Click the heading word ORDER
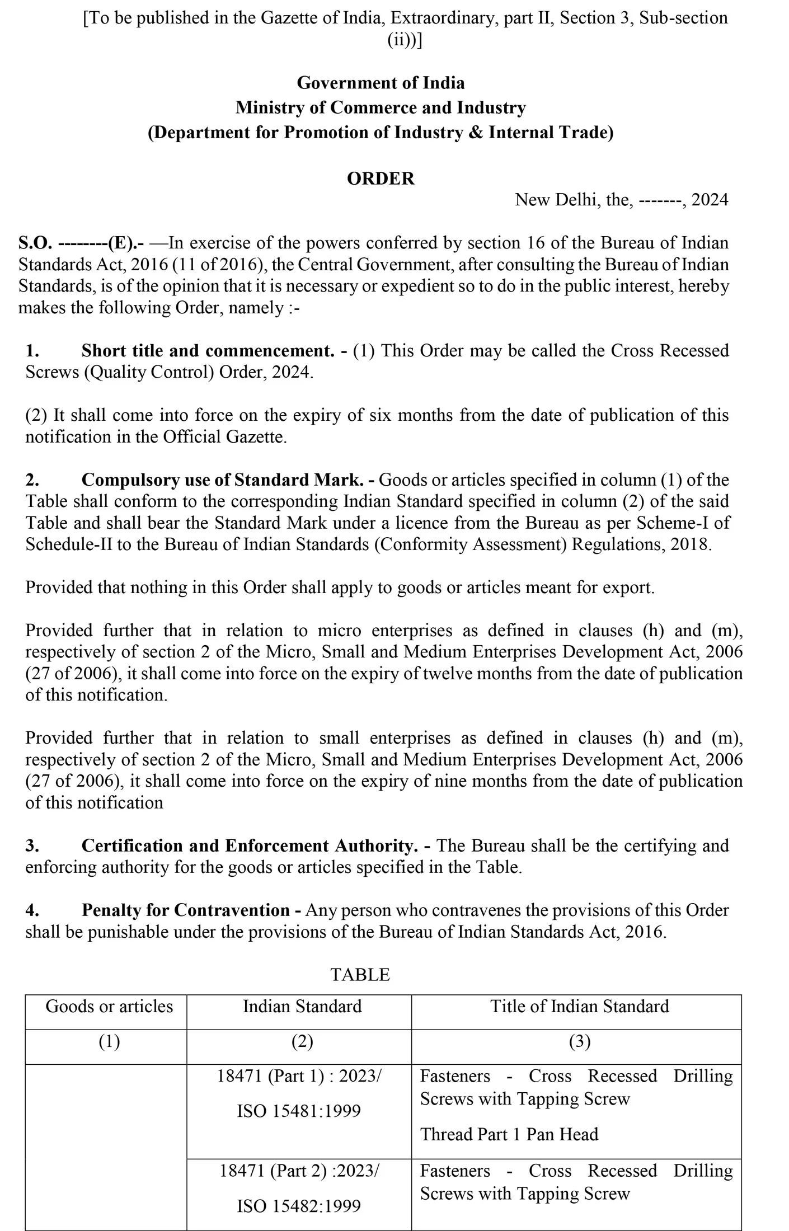[x=381, y=178]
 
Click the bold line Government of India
[x=381, y=83]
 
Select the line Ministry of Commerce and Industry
[x=381, y=107]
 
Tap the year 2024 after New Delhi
[x=710, y=200]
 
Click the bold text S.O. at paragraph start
[x=35, y=243]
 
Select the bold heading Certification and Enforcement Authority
[x=250, y=845]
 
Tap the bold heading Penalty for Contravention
[x=186, y=910]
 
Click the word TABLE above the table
[x=360, y=975]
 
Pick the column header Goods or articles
[x=109, y=1006]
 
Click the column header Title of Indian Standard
[x=579, y=1006]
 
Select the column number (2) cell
[x=302, y=1041]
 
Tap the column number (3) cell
[x=579, y=1041]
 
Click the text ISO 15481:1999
[x=299, y=1111]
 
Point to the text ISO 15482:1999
[x=299, y=1205]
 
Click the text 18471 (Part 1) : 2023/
[x=299, y=1076]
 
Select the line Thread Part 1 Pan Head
[x=509, y=1134]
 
